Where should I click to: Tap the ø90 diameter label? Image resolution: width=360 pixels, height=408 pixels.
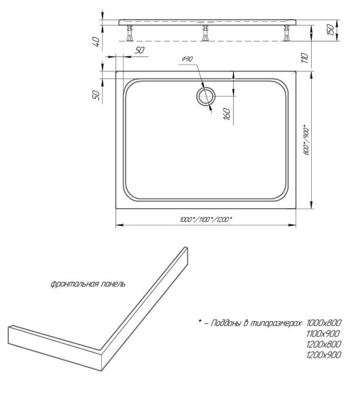tap(187, 58)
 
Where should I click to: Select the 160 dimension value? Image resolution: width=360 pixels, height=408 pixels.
tap(227, 114)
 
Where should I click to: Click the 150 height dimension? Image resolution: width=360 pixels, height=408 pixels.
tap(330, 30)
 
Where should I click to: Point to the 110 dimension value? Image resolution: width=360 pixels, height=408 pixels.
tap(304, 58)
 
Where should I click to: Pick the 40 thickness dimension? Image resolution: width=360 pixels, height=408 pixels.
tap(96, 41)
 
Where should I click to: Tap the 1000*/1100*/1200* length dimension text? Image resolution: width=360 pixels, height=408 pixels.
tap(206, 220)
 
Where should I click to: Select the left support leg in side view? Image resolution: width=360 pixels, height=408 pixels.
tap(130, 33)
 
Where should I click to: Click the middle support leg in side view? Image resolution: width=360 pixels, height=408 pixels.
tap(205, 33)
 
